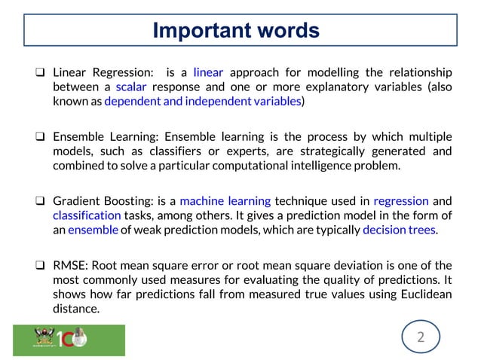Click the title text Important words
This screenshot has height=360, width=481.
[236, 31]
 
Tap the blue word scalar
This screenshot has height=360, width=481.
[131, 87]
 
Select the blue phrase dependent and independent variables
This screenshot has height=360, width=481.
[203, 100]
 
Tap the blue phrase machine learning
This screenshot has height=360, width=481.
[225, 201]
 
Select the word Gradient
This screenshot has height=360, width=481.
[76, 201]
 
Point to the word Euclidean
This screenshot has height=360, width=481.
[420, 294]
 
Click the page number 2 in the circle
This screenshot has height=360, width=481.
[421, 337]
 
